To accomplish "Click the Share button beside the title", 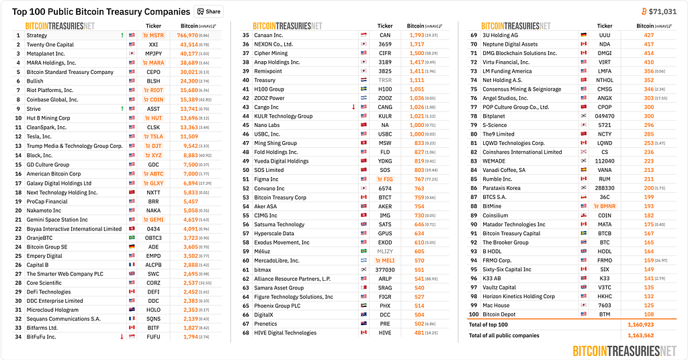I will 208,11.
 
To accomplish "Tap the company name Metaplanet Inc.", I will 46,54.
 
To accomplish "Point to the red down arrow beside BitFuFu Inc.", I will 122,337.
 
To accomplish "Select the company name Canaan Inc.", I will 269,35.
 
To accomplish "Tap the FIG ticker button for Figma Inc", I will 385,179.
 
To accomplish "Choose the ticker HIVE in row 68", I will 385,333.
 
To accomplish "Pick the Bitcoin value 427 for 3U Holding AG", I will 649,35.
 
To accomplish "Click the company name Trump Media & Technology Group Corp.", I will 75,146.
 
